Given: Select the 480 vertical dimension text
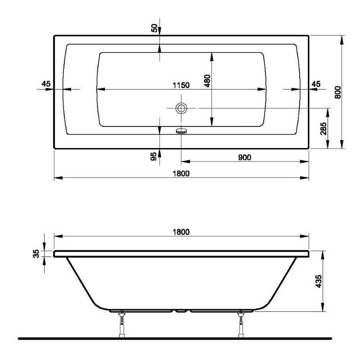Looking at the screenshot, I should click(x=207, y=81).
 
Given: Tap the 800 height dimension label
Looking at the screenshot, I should click(x=338, y=92).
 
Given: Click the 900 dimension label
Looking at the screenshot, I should click(x=244, y=157).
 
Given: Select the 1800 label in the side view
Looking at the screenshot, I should click(x=181, y=232).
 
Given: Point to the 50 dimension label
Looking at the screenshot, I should click(x=154, y=28).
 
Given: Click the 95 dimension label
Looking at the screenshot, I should click(x=154, y=157).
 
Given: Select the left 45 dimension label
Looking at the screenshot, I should click(x=45, y=84).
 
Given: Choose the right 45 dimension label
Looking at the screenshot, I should click(x=316, y=84).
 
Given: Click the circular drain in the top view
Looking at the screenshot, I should click(x=181, y=108).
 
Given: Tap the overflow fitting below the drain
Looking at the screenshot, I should click(x=181, y=131).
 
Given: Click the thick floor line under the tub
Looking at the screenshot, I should click(x=180, y=338).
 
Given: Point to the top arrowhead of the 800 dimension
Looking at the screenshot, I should click(x=342, y=39).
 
